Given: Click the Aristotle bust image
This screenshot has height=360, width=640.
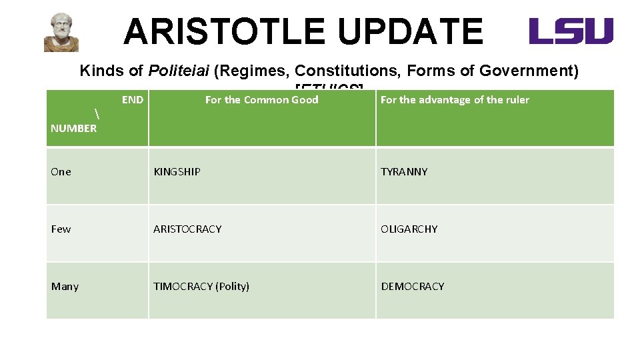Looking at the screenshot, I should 61,33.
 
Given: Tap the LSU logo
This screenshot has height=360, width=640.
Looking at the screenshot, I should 571,31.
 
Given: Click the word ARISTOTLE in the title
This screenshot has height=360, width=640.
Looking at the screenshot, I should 225,31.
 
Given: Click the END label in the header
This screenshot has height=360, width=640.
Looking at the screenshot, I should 132,100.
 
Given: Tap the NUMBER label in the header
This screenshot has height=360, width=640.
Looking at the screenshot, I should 73,128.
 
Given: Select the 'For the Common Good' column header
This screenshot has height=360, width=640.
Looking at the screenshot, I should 261,100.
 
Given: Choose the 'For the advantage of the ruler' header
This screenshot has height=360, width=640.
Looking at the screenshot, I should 455,100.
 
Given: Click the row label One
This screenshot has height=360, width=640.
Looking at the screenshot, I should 61,172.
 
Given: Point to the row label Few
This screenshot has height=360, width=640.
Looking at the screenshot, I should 61,229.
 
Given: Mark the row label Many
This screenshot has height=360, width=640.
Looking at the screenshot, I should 65,287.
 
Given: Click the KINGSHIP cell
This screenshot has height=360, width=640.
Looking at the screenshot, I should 177,172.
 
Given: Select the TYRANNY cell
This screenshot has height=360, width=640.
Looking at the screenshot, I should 404,172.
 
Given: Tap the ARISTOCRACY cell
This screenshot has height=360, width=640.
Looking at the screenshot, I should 187,229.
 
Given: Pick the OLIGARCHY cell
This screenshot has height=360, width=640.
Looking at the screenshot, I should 409,229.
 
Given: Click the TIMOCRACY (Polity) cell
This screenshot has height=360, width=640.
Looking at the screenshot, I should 201,287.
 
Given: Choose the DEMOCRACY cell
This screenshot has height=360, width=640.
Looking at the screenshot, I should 412,287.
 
